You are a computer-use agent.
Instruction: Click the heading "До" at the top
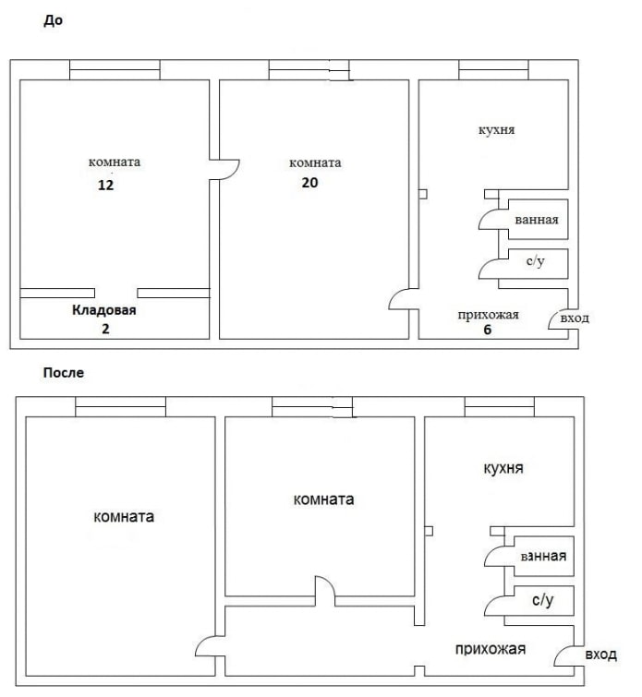coord(53,20)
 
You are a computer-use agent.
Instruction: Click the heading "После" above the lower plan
coord(63,373)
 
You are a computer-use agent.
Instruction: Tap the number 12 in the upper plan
coord(105,184)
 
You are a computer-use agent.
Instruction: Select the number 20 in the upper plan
coord(309,182)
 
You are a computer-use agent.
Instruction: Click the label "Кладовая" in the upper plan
coord(104,310)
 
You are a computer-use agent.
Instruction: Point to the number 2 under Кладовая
coord(104,328)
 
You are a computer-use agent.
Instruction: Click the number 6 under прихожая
coord(486,329)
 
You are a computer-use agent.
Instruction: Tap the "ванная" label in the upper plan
coord(536,222)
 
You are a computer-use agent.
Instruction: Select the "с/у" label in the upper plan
coord(535,262)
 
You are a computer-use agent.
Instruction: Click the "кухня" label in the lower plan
coord(503,468)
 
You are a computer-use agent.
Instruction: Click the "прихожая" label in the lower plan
coord(491,649)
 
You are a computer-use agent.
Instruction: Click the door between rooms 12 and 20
coord(224,168)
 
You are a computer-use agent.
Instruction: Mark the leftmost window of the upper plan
coord(115,70)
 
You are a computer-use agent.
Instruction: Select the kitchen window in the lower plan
coord(500,406)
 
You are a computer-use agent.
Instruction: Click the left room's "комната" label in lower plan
coord(124,517)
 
